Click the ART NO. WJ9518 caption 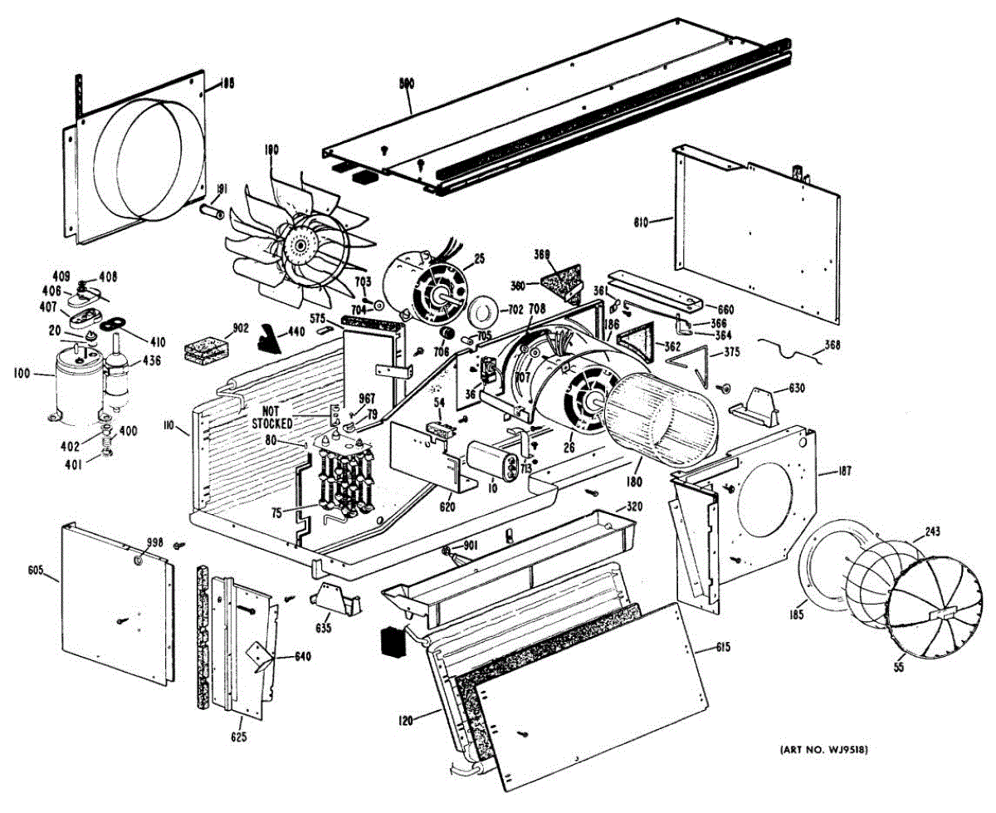coord(823,751)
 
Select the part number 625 coord(238,736)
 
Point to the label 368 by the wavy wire coord(832,345)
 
